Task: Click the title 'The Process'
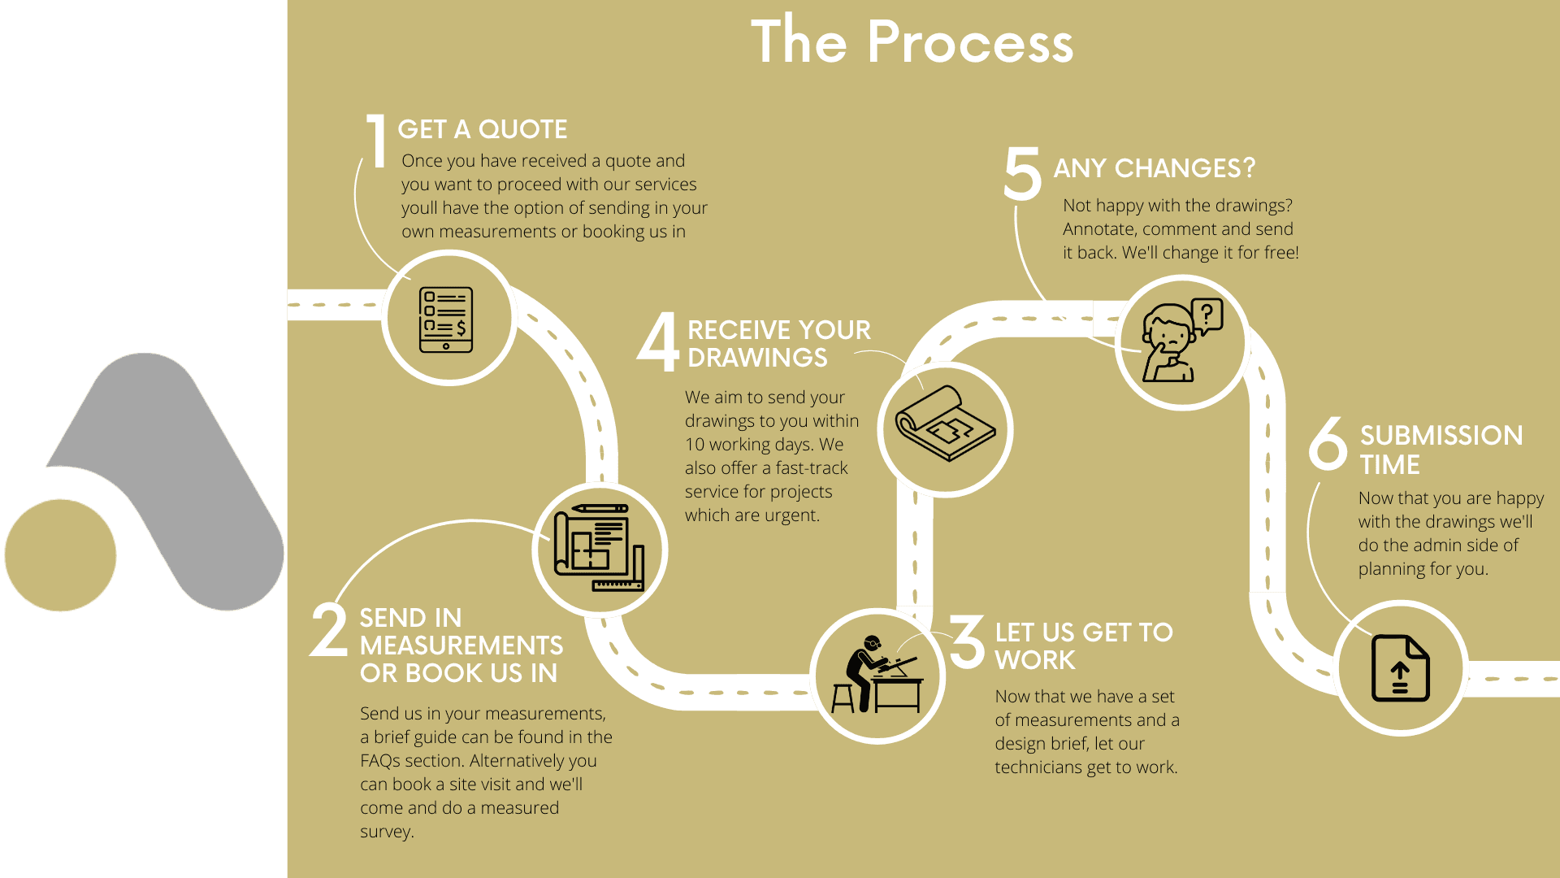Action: tap(912, 41)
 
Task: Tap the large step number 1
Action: tap(376, 141)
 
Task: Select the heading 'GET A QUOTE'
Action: tap(483, 129)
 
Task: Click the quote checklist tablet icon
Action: tap(446, 319)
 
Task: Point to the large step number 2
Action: tap(330, 629)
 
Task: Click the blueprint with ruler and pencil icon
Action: tap(599, 548)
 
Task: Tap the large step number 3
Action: tap(967, 641)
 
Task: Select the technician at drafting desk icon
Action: tap(877, 674)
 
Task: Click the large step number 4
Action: tap(658, 341)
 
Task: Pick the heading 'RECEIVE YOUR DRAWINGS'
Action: tap(779, 344)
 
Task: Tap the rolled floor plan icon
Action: tap(945, 423)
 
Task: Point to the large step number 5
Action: tap(1022, 173)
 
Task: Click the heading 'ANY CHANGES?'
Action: tap(1155, 168)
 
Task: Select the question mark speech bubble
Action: tap(1207, 315)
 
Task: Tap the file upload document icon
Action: tap(1400, 668)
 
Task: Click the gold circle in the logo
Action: tap(61, 555)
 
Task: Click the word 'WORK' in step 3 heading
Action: tap(1035, 660)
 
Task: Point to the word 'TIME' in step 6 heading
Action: tap(1390, 465)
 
